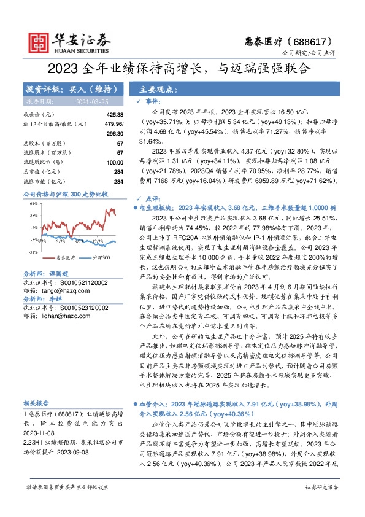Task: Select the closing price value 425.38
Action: point(115,115)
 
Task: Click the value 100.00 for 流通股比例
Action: point(115,162)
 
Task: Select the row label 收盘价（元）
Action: point(38,115)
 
